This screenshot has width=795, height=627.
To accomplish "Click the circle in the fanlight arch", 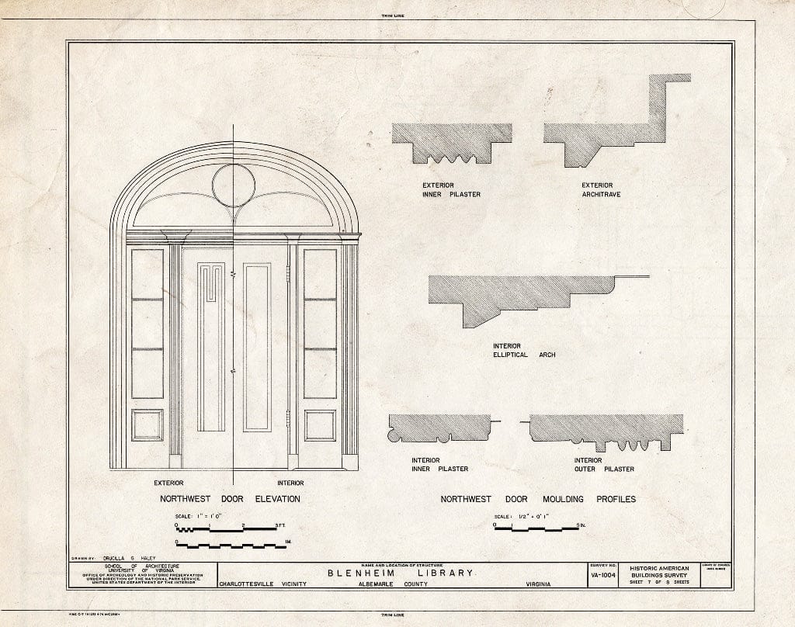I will coord(233,186).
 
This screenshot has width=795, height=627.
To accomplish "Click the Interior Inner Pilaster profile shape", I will coord(439,428).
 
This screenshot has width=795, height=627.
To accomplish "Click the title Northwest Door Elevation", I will coord(230,499).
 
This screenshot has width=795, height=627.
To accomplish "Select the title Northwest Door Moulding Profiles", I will coord(538,499).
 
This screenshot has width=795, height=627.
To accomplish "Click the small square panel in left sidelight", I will coord(148,425).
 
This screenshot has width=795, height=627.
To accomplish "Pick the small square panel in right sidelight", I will coord(320,425).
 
